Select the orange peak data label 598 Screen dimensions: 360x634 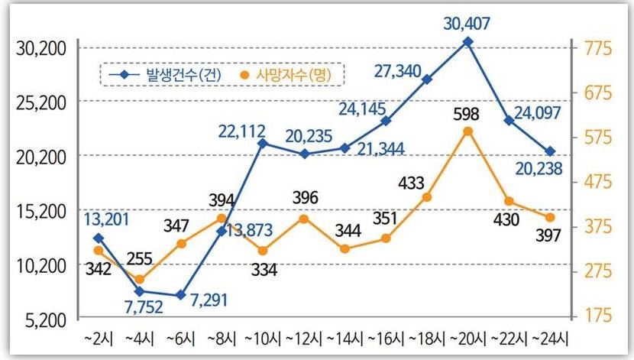(x=466, y=115)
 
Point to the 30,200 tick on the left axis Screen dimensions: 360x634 (x=41, y=48)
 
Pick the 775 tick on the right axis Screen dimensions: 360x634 (x=599, y=48)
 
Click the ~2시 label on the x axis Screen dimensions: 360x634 (x=98, y=337)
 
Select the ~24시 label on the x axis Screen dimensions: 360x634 (x=551, y=337)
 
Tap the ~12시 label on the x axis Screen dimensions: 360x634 (x=304, y=337)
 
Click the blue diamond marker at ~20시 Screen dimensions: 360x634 (x=468, y=42)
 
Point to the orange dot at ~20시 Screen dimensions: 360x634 (x=468, y=131)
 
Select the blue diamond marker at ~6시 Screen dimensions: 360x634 (x=180, y=295)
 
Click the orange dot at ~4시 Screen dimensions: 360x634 (x=140, y=280)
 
